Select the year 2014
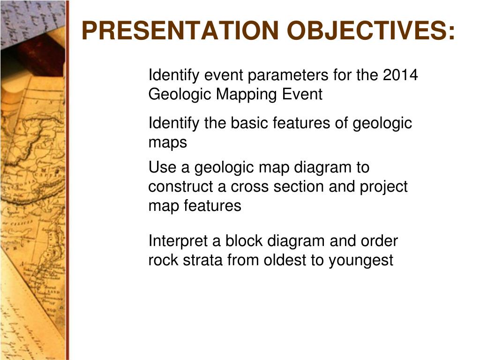(400, 75)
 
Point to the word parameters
(288, 75)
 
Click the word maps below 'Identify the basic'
(167, 142)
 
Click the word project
(383, 187)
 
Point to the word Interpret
(179, 241)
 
